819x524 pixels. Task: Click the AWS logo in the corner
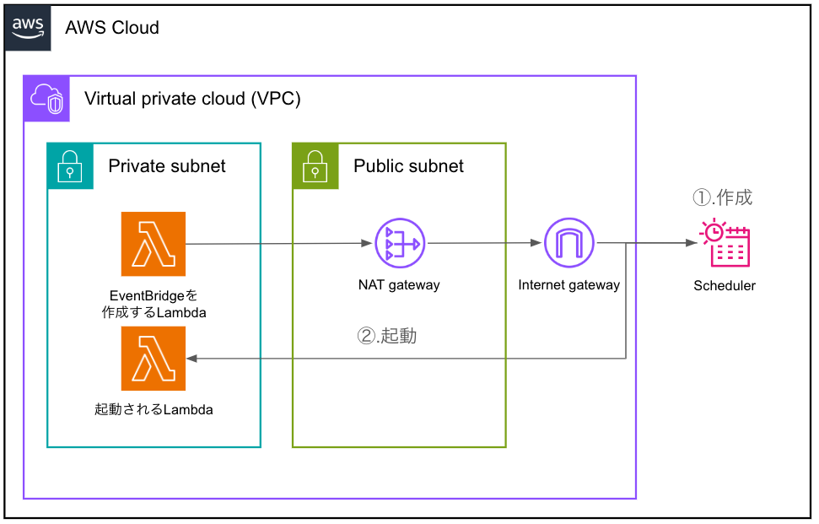click(x=28, y=27)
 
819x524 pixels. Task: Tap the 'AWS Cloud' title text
click(x=112, y=28)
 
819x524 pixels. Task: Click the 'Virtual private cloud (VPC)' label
click(x=192, y=99)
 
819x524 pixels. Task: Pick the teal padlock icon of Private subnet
click(x=69, y=165)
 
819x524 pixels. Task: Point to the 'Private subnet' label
click(x=167, y=166)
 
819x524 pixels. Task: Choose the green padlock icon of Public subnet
click(x=315, y=165)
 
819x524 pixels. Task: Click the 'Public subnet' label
click(x=408, y=166)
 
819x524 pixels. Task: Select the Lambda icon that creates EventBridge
click(x=154, y=244)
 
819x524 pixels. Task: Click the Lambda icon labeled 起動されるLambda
click(x=154, y=359)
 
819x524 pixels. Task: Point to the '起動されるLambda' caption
click(x=154, y=411)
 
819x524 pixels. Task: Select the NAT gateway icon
click(x=400, y=244)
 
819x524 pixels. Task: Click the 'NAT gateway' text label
click(x=399, y=285)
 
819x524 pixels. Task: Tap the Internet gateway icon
click(x=568, y=244)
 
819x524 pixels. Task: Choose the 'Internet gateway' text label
click(x=568, y=285)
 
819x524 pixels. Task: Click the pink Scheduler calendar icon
click(x=725, y=244)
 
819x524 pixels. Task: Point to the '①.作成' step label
click(x=722, y=198)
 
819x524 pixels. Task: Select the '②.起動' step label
click(x=387, y=336)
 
